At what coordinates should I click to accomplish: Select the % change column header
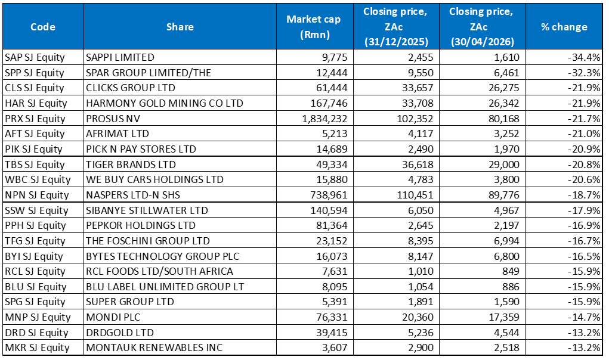pos(564,27)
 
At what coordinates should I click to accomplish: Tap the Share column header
pos(180,27)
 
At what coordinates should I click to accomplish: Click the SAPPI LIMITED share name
pos(120,57)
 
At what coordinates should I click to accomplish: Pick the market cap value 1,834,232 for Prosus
pos(324,119)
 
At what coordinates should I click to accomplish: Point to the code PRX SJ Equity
pos(35,119)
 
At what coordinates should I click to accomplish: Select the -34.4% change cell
pos(584,57)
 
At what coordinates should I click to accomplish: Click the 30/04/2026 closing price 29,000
pos(504,165)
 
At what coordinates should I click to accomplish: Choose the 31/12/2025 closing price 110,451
pos(415,195)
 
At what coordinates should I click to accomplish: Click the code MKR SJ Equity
pos(37,347)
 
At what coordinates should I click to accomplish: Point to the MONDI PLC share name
pos(113,317)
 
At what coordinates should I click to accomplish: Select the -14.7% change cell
pos(584,317)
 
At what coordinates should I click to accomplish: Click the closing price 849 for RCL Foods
pos(511,271)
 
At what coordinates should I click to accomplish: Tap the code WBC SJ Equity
pos(38,179)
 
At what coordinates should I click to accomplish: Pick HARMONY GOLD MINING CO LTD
pos(164,103)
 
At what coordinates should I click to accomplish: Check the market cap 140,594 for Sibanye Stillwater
pos(329,210)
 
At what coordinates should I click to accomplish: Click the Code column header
pos(43,27)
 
